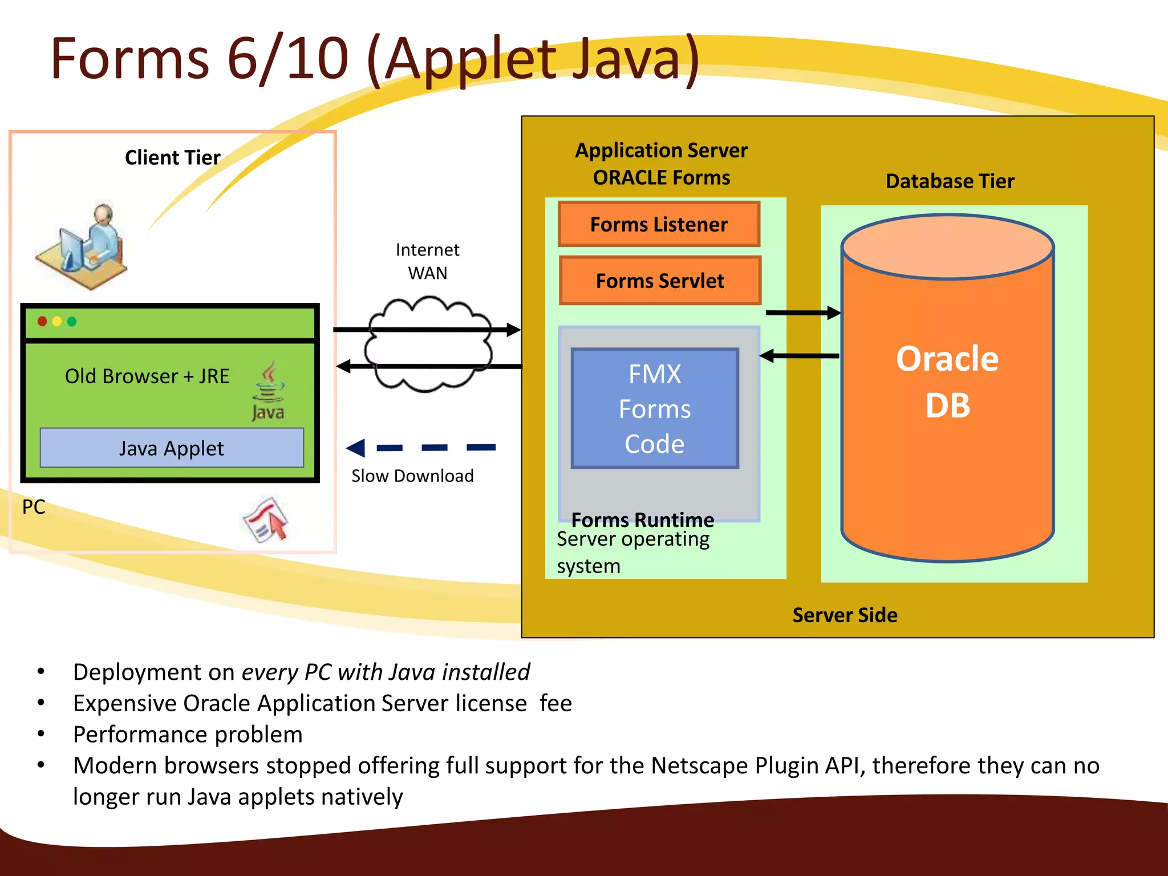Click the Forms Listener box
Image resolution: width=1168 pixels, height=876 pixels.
[x=659, y=224]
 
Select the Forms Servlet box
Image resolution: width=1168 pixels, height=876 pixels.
[x=660, y=281]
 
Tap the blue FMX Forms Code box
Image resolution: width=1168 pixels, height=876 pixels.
[x=655, y=408]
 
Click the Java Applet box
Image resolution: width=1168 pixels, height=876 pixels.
[x=172, y=448]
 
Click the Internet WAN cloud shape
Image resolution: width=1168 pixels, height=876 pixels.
[x=428, y=345]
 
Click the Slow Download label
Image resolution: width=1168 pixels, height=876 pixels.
[x=412, y=476]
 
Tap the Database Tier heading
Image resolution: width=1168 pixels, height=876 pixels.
[x=950, y=181]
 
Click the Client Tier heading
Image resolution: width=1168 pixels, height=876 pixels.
[x=172, y=157]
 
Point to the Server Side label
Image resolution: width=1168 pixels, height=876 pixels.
[x=845, y=615]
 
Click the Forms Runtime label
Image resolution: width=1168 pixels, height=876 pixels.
[x=642, y=520]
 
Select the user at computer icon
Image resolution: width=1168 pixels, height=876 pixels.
[x=83, y=245]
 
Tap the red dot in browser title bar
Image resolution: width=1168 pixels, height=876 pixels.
[x=42, y=322]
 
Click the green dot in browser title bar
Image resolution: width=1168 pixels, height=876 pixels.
[x=72, y=322]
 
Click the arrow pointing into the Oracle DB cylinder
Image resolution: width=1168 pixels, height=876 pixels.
[x=803, y=313]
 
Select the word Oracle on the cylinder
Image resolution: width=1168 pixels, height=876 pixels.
[x=947, y=359]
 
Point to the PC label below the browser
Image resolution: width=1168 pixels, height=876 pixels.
[x=34, y=507]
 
